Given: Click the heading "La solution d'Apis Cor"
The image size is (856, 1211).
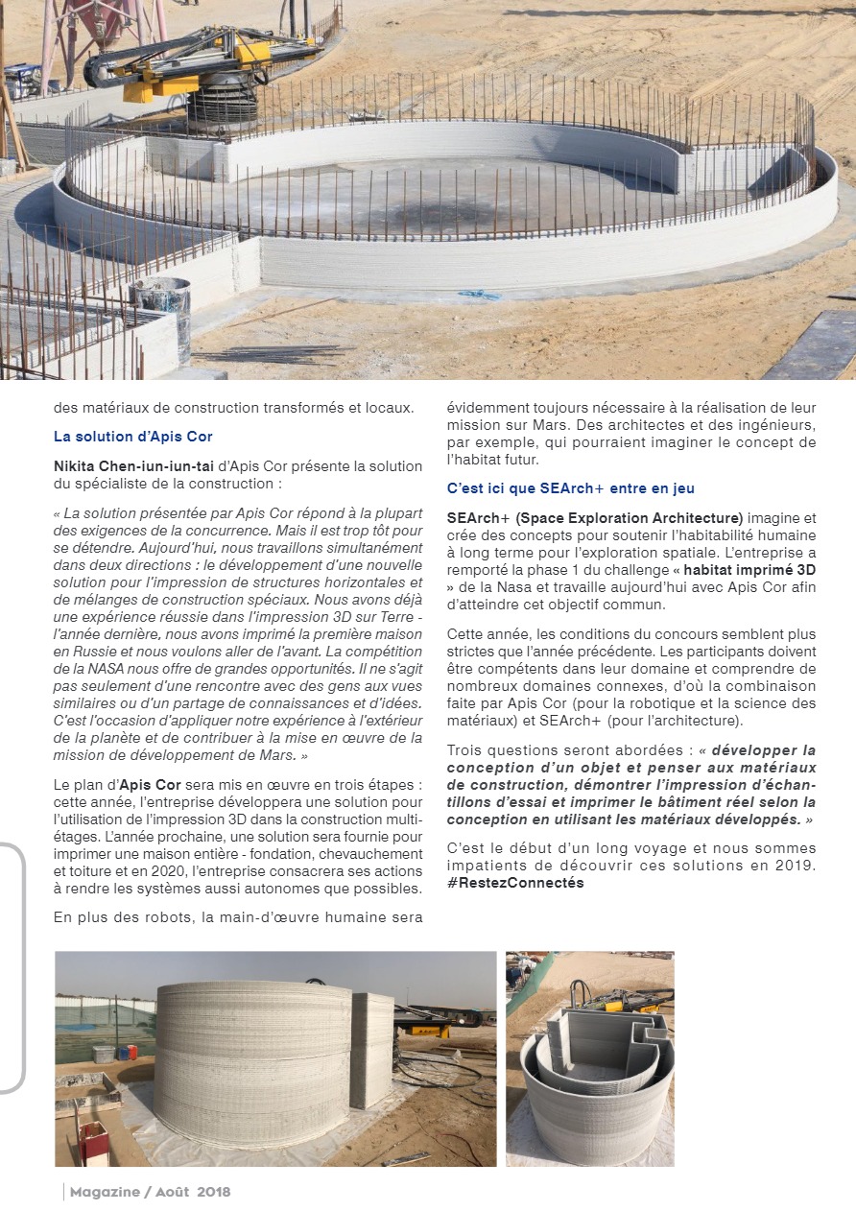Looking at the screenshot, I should (132, 437).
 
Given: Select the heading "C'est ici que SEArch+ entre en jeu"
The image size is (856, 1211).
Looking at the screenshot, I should (571, 488).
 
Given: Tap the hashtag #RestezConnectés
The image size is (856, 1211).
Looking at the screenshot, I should (515, 883).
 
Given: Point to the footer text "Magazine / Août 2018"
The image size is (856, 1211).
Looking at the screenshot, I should (150, 1192).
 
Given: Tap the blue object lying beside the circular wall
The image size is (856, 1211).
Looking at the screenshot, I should (479, 294).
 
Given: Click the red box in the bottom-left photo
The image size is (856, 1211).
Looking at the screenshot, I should (93, 1143).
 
